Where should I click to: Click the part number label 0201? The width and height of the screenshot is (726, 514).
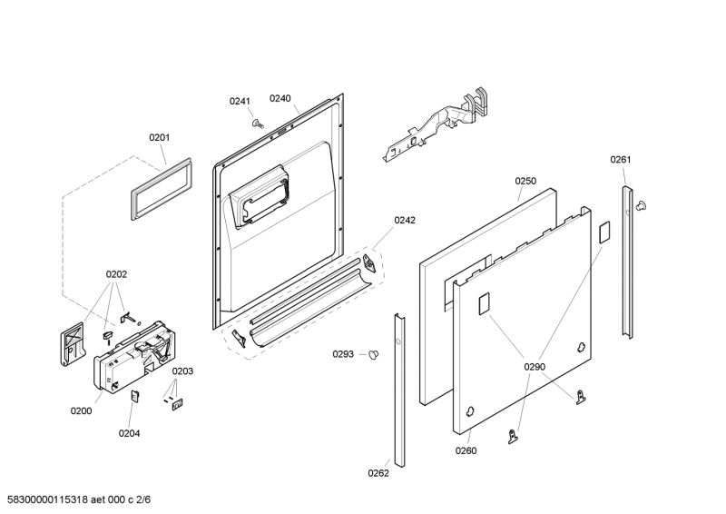coord(159,138)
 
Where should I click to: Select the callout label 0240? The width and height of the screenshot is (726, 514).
coord(280,98)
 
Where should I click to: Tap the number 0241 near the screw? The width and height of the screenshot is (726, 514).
coord(239,101)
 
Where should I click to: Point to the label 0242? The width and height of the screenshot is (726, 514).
coord(404,220)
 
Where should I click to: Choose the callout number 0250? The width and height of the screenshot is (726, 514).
coord(526,181)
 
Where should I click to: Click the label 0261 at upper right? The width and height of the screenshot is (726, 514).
coord(620,160)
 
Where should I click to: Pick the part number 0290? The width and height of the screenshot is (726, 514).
coord(535,367)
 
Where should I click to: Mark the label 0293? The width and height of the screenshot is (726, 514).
coord(342,354)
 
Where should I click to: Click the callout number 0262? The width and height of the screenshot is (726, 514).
coord(378,472)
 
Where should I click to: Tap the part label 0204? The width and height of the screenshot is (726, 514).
coord(129,433)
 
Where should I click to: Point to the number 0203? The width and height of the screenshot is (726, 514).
coord(182,371)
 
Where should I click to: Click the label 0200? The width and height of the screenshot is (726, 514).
coord(81,410)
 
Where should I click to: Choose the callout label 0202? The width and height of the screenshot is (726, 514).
coord(116,274)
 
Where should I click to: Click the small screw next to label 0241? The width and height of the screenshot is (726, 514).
coord(257,123)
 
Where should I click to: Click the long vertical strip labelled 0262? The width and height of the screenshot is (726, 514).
coord(398,390)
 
